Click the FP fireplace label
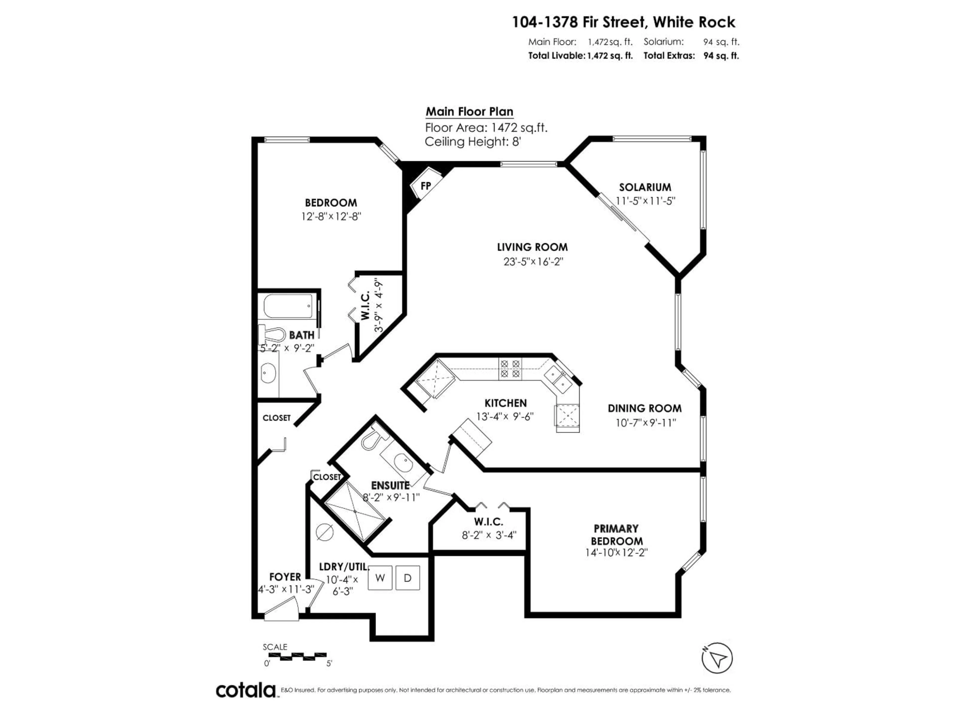tap(426, 186)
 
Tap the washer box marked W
tap(380, 578)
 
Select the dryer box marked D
tap(407, 578)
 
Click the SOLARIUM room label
tap(645, 187)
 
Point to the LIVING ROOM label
tap(532, 247)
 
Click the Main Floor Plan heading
tap(470, 112)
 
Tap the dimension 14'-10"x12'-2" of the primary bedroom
tap(616, 553)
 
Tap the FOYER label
tap(285, 577)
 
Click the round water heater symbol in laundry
tap(324, 532)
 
